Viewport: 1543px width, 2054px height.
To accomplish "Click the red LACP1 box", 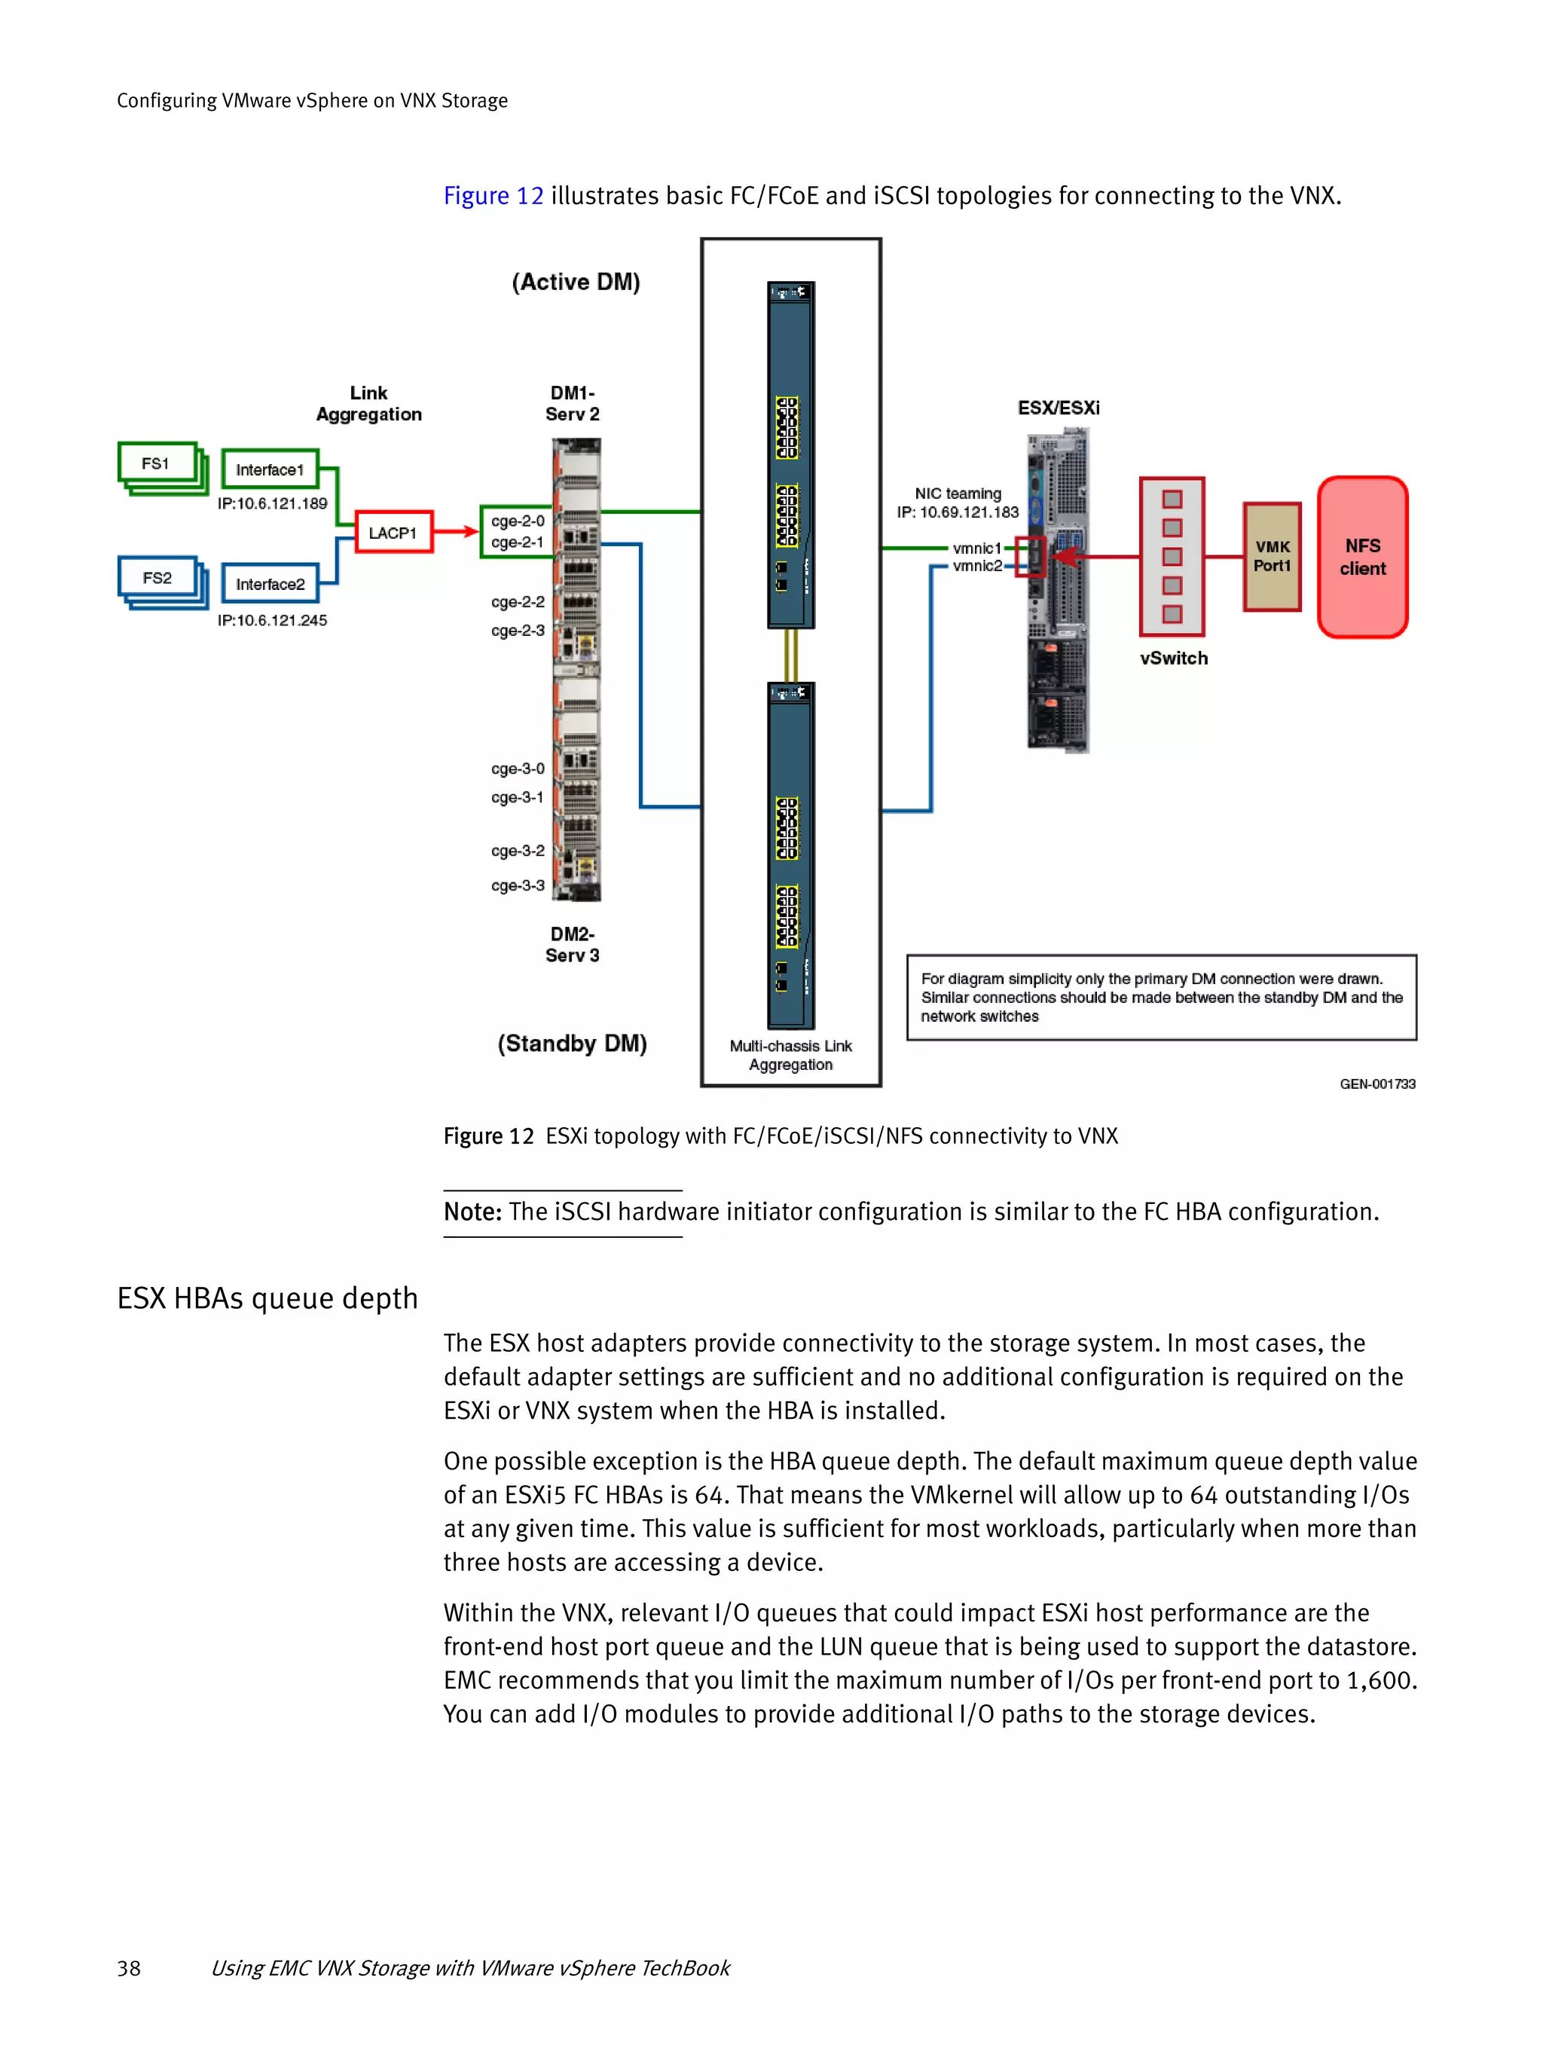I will (393, 533).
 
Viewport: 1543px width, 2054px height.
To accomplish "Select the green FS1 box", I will (156, 463).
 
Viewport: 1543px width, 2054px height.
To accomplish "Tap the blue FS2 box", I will (157, 578).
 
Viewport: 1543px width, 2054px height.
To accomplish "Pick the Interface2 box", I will (269, 584).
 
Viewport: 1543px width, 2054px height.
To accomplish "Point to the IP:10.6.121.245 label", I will (272, 620).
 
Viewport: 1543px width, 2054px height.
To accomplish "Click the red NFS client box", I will (1362, 557).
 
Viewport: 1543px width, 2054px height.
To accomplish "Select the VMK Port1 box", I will (1272, 556).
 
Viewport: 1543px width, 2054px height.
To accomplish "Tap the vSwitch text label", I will (1174, 659).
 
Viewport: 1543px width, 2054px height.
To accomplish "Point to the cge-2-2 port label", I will (517, 602).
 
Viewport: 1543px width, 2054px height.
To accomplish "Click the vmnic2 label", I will (976, 566).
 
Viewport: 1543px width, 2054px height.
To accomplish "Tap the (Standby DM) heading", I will (572, 1044).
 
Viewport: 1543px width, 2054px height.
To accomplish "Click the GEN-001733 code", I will (1376, 1084).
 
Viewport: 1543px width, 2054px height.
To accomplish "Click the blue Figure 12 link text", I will (493, 196).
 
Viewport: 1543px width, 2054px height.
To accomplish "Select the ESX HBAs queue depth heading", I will (267, 1298).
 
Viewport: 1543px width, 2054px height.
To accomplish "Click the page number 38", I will (129, 1967).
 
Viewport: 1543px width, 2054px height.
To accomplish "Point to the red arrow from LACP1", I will (456, 532).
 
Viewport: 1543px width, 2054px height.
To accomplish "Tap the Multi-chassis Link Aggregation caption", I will (790, 1055).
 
